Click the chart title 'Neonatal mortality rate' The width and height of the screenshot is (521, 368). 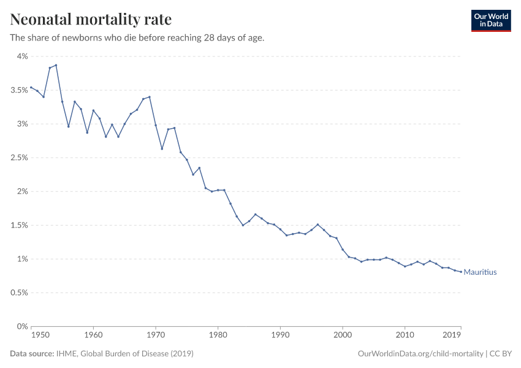[x=91, y=20]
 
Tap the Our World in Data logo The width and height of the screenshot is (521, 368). [x=490, y=20]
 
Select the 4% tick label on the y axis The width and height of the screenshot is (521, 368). [x=22, y=56]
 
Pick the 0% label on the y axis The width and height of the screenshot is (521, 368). [x=22, y=326]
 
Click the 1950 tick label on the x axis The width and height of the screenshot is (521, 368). [x=40, y=335]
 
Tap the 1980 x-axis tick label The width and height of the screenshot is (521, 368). [x=218, y=335]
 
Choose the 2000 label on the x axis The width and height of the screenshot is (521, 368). [x=342, y=335]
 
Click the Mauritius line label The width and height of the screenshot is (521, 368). [x=480, y=272]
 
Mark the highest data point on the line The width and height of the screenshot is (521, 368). [x=56, y=65]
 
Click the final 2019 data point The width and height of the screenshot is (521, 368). [x=461, y=272]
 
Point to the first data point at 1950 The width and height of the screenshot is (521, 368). [x=31, y=87]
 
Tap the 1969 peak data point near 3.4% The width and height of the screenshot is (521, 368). [x=149, y=97]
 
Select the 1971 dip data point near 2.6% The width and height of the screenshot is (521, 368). [x=162, y=148]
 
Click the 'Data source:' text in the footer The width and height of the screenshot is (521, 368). [x=32, y=354]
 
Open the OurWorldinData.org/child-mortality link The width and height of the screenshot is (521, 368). [x=420, y=354]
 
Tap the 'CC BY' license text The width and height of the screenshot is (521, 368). [x=501, y=354]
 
